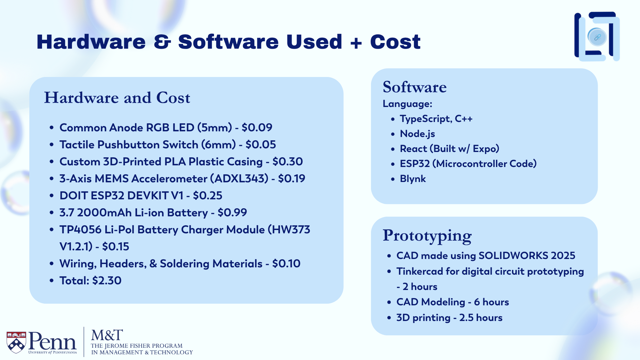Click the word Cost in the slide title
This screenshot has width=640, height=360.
[x=395, y=42]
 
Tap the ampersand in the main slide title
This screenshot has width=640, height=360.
[x=162, y=42]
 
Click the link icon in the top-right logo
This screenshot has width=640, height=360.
[x=597, y=37]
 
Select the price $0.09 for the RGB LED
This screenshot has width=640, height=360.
[x=257, y=128]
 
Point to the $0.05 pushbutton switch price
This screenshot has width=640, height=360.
[x=261, y=145]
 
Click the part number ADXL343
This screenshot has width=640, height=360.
[x=239, y=179]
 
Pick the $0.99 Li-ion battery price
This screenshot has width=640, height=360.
[x=232, y=213]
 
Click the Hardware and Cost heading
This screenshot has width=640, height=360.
[x=117, y=98]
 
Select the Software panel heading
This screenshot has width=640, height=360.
[x=415, y=87]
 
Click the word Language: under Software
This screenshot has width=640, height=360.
[x=407, y=104]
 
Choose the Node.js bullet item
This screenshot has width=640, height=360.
[x=417, y=134]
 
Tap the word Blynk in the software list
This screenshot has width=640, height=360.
[x=413, y=179]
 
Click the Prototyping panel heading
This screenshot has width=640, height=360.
[x=427, y=236]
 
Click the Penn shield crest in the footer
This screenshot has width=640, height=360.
[x=16, y=342]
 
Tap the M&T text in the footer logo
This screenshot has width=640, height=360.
[x=107, y=335]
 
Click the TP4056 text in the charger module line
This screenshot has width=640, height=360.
[x=80, y=230]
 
